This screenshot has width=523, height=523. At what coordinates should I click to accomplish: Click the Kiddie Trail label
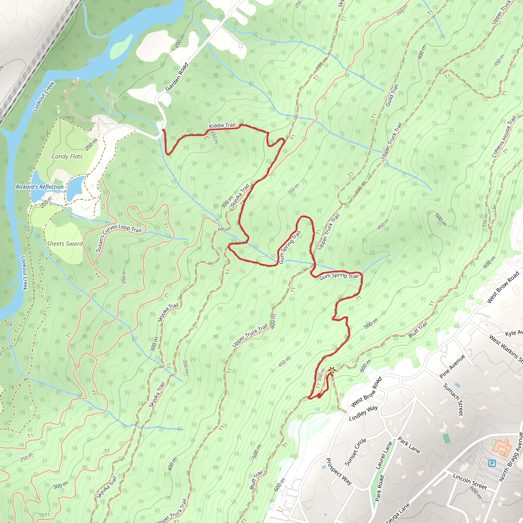(222, 125)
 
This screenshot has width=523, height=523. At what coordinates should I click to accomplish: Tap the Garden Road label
(177, 77)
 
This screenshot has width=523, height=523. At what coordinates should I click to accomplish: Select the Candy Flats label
(67, 157)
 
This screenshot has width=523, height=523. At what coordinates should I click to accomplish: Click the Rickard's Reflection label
(40, 187)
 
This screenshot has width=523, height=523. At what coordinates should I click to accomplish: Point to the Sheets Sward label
(65, 244)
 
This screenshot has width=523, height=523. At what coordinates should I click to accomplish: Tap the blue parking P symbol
(492, 463)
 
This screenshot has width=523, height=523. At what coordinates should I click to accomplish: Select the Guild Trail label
(392, 96)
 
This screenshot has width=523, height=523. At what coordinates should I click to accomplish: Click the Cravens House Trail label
(504, 137)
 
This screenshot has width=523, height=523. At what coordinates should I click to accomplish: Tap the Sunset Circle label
(355, 452)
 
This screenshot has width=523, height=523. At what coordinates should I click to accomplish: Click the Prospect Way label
(338, 471)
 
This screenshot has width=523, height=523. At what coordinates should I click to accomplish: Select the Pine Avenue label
(452, 366)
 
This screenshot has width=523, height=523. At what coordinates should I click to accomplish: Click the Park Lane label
(409, 445)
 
